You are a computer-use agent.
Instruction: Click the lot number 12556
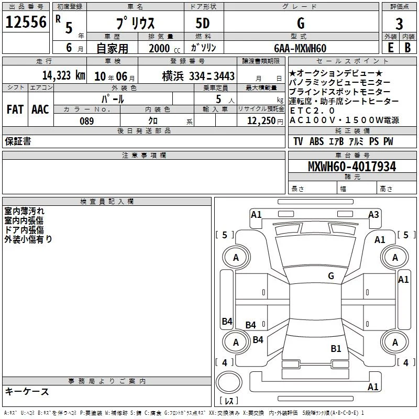pos(26,22)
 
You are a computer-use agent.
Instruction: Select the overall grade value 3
pos(399,24)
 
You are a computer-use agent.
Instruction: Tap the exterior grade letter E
pos(390,48)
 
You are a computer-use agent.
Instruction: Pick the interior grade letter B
pos(407,48)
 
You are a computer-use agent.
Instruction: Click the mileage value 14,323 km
pos(64,75)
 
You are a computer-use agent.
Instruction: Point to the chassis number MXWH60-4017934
pos(352,167)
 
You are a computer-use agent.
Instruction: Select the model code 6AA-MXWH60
pos(300,48)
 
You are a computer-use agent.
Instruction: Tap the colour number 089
pos(86,121)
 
